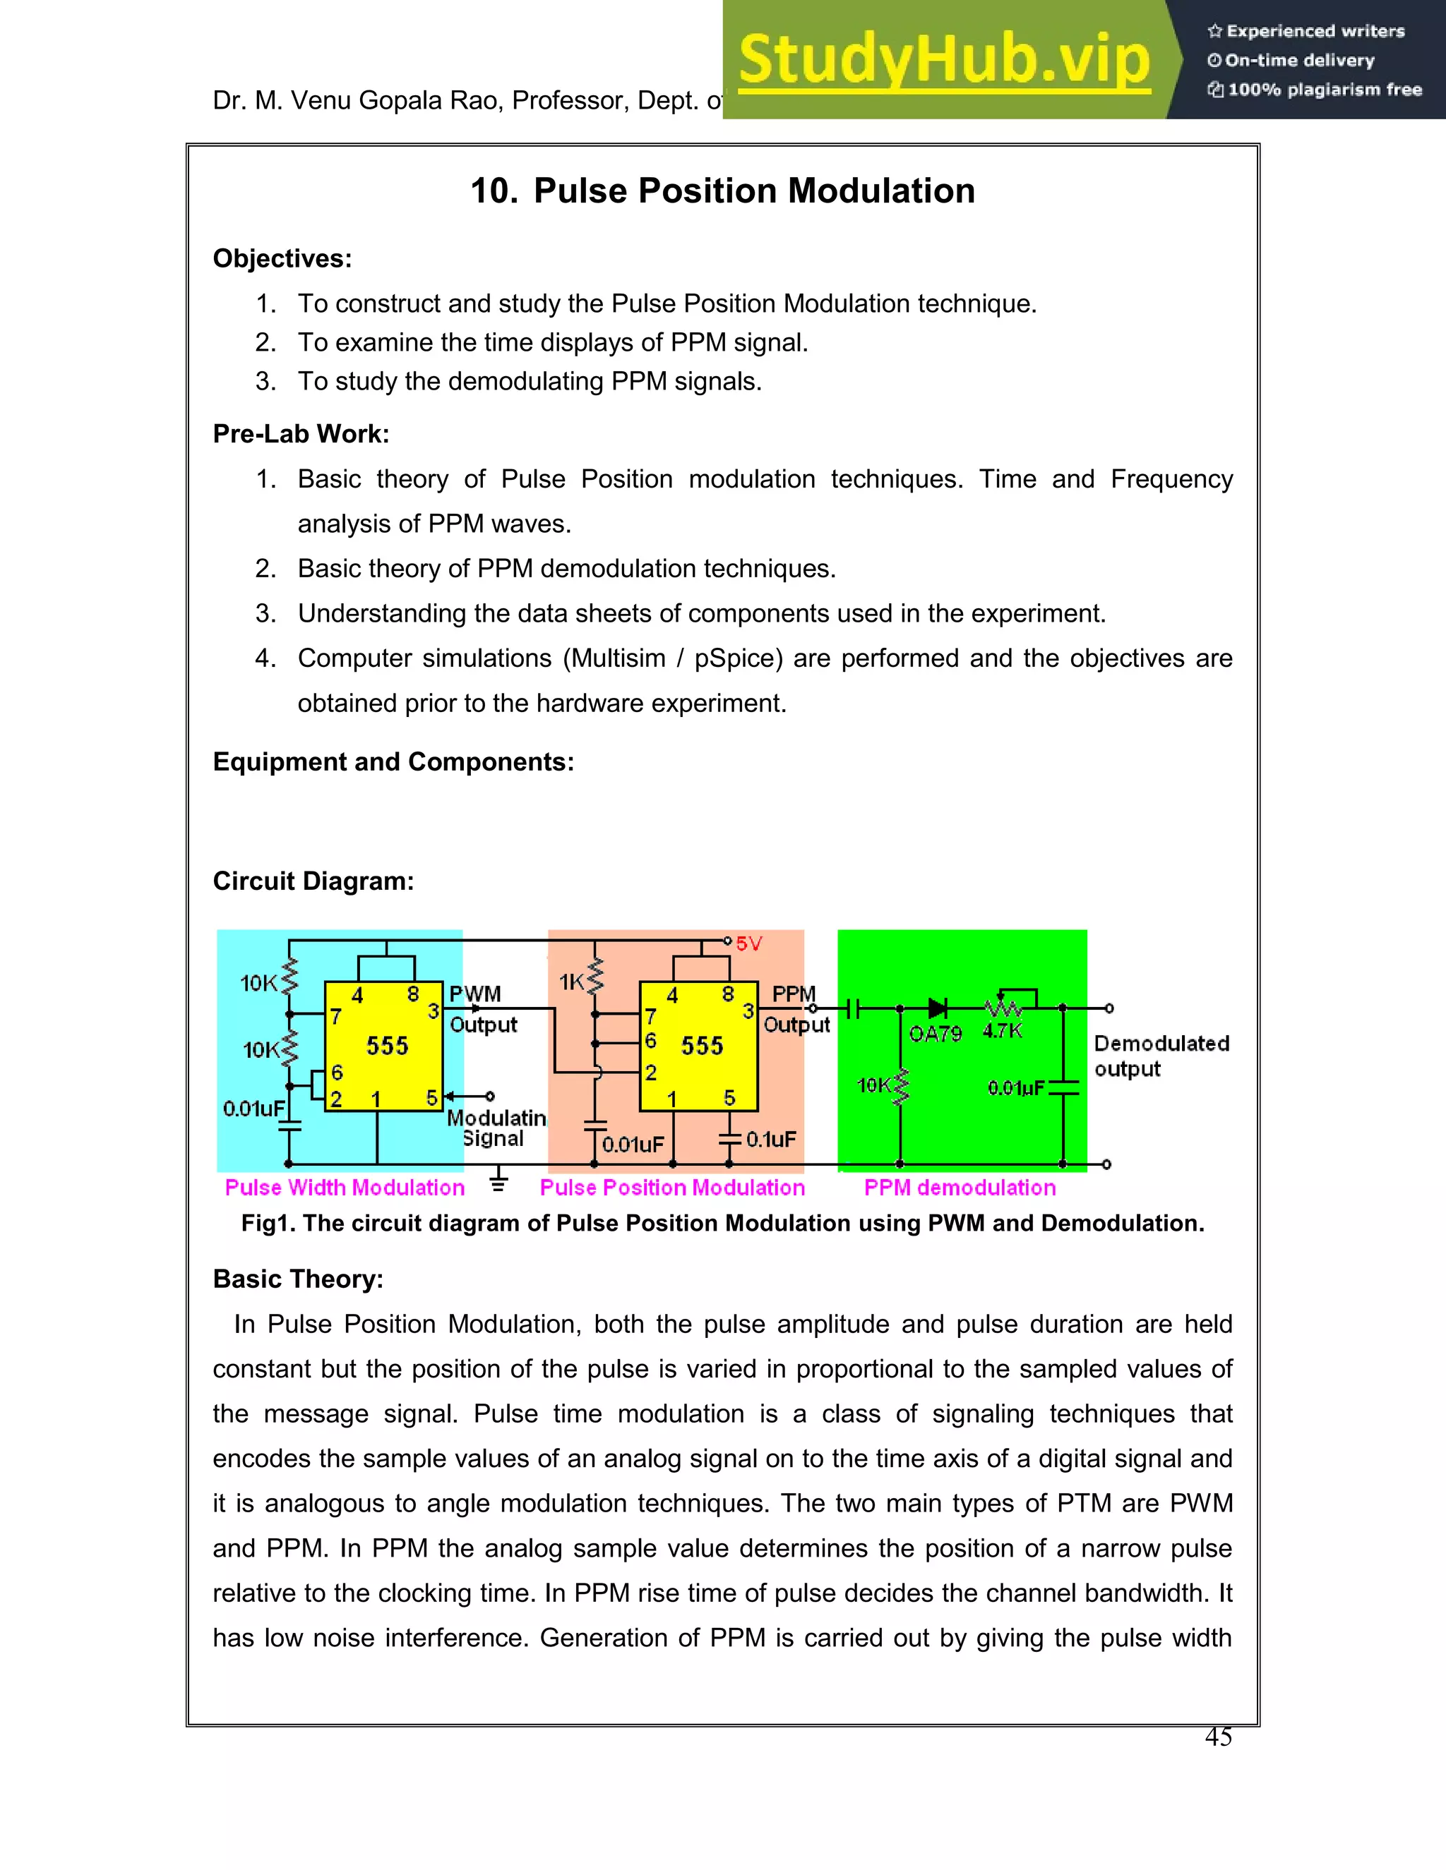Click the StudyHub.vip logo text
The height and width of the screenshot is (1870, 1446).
pyautogui.click(x=943, y=60)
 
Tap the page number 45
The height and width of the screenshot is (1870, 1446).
pyautogui.click(x=1217, y=1737)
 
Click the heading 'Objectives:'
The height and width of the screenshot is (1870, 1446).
pyautogui.click(x=282, y=258)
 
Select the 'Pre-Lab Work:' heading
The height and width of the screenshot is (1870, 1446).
pyautogui.click(x=301, y=434)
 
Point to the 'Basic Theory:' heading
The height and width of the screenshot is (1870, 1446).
pyautogui.click(x=297, y=1279)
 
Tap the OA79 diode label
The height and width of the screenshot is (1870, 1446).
pyautogui.click(x=935, y=1034)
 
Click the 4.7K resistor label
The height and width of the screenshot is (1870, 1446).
pyautogui.click(x=1003, y=1031)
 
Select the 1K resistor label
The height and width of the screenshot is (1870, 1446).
pyautogui.click(x=571, y=982)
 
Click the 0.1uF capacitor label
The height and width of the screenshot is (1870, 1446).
pyautogui.click(x=770, y=1140)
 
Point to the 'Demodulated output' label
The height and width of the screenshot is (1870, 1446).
pyautogui.click(x=1161, y=1056)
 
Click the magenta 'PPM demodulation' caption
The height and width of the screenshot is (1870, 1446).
pyautogui.click(x=960, y=1188)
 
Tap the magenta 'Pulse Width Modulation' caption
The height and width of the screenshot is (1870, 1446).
pyautogui.click(x=345, y=1188)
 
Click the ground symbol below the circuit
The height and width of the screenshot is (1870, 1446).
pyautogui.click(x=498, y=1184)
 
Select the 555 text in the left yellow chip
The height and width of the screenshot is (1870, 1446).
pyautogui.click(x=387, y=1046)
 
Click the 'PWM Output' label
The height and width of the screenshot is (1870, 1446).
pyautogui.click(x=482, y=1010)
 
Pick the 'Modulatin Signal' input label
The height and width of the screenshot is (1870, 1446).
pyautogui.click(x=496, y=1128)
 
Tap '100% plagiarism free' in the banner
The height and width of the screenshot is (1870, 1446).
pyautogui.click(x=1325, y=90)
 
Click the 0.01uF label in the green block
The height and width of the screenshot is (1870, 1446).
pyautogui.click(x=1015, y=1088)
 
